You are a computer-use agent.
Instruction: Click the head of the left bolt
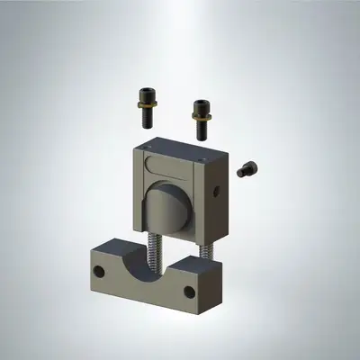(147, 93)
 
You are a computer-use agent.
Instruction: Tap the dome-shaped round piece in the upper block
(166, 205)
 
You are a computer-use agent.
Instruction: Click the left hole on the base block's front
(101, 269)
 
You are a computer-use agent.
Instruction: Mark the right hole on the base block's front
(189, 292)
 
